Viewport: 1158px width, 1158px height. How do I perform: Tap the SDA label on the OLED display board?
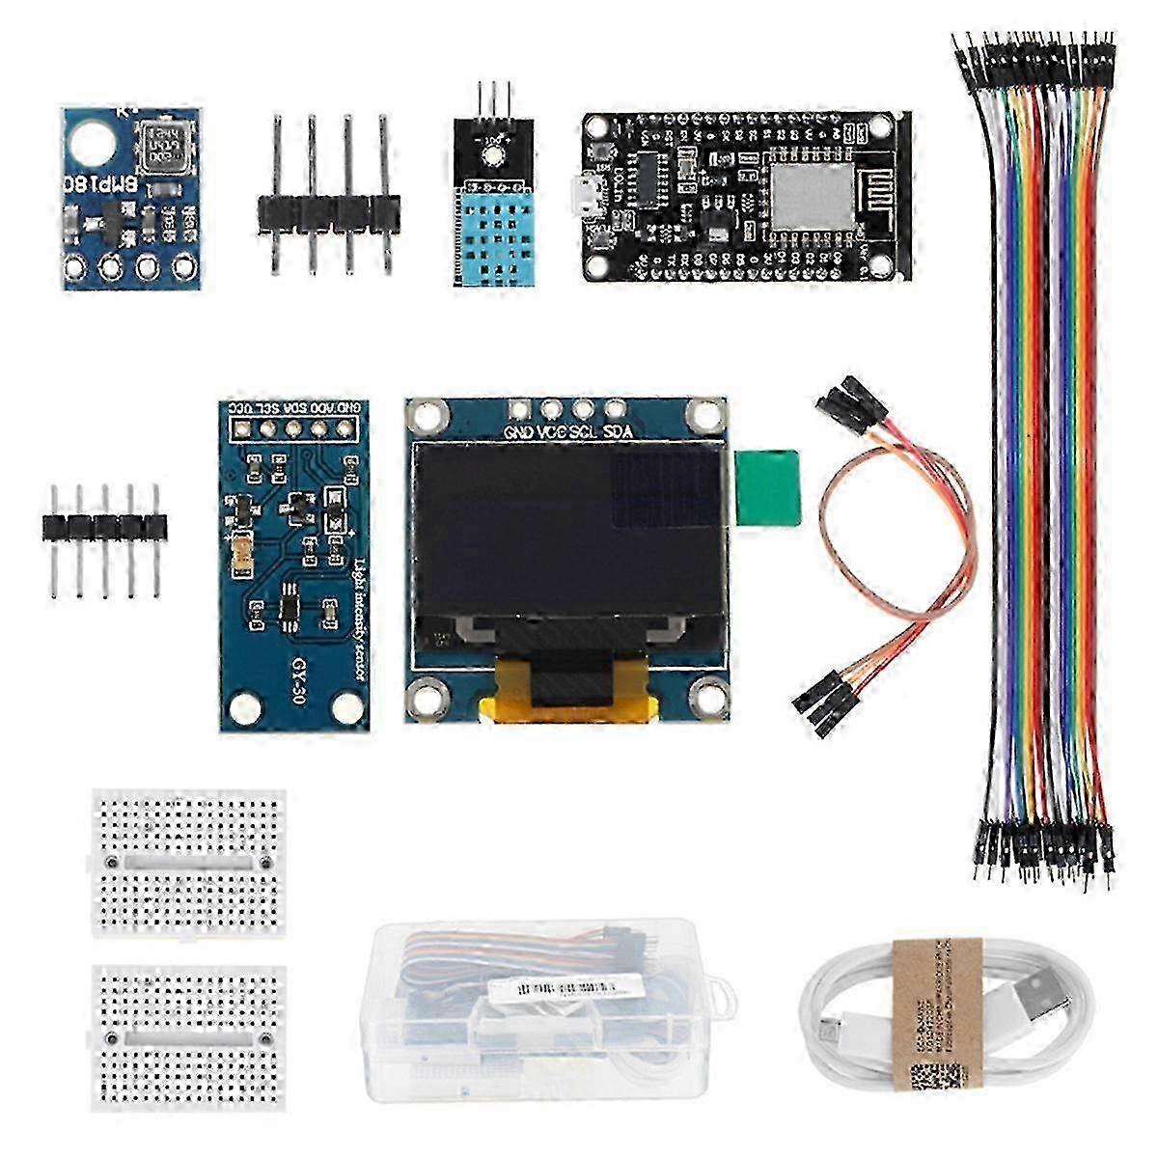pos(617,432)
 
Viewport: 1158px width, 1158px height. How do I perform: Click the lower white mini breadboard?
pos(189,1037)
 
